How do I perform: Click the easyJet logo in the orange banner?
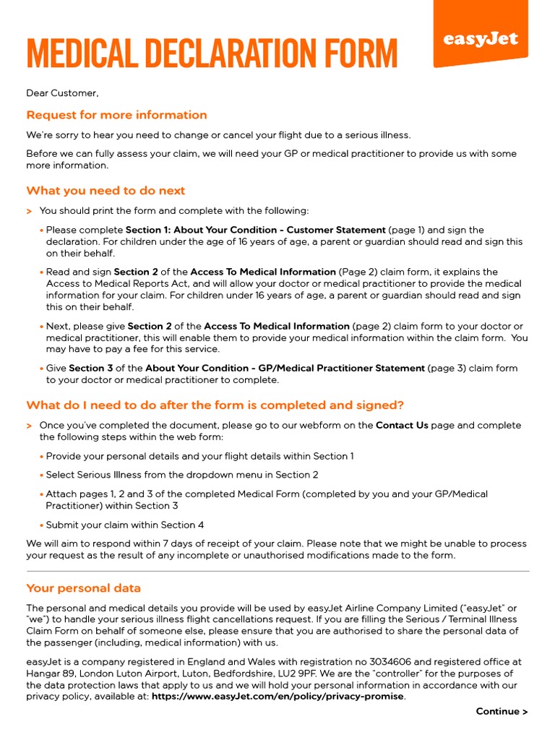click(x=481, y=39)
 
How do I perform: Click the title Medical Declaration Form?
click(x=211, y=54)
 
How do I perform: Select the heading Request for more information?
click(x=116, y=115)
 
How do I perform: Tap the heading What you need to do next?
click(x=106, y=191)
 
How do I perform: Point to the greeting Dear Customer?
click(x=62, y=92)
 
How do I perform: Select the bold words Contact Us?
click(x=402, y=426)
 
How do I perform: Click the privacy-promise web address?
click(x=278, y=697)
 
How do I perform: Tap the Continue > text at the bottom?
click(x=502, y=712)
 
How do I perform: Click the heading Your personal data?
click(x=84, y=588)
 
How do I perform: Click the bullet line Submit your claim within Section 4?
click(x=125, y=525)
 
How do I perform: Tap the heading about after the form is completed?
click(x=215, y=405)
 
